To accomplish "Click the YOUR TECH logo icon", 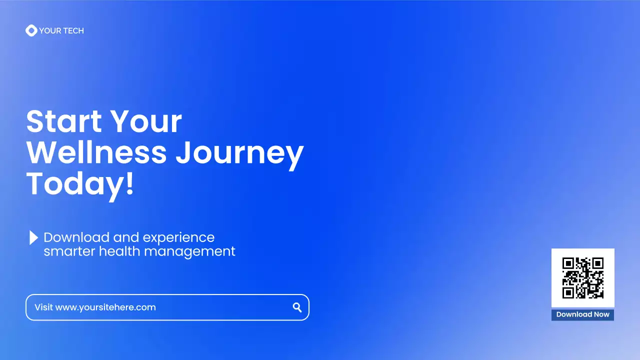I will coord(31,30).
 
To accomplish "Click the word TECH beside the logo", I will coord(72,30).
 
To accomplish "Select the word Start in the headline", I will coord(63,121).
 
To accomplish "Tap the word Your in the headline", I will coord(146,121).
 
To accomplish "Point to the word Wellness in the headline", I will coord(96,152).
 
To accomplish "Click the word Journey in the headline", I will coord(239,153).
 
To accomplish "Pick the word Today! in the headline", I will coord(80,183).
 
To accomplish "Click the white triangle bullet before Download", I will coord(33,237).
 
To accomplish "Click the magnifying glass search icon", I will coord(297,307).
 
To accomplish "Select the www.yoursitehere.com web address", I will coord(105,307).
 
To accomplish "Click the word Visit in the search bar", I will coord(43,307).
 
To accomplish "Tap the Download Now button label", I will coord(582,314).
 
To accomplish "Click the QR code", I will coord(582,278).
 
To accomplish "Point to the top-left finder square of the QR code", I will coord(567,263).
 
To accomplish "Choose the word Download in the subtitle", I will coord(76,237).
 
